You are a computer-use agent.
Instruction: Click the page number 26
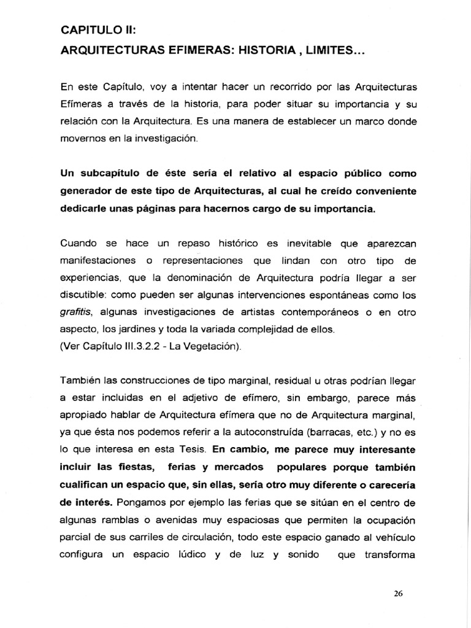[x=399, y=594]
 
